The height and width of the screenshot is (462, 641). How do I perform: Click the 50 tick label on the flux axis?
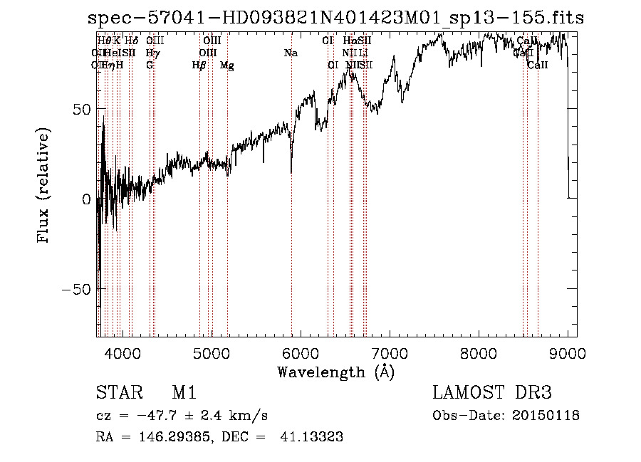tap(83, 110)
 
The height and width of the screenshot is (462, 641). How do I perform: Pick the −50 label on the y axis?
tap(78, 289)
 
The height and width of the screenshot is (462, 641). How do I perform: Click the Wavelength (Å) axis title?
tap(335, 372)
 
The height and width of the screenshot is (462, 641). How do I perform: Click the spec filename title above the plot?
tap(335, 18)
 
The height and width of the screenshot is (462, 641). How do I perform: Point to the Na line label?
tap(291, 53)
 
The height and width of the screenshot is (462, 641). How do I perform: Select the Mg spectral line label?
tap(227, 65)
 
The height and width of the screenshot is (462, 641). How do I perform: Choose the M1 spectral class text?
tap(184, 394)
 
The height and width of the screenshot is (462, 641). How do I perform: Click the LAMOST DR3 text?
tap(491, 394)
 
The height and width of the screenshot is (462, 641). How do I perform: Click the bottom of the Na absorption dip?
tap(291, 171)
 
